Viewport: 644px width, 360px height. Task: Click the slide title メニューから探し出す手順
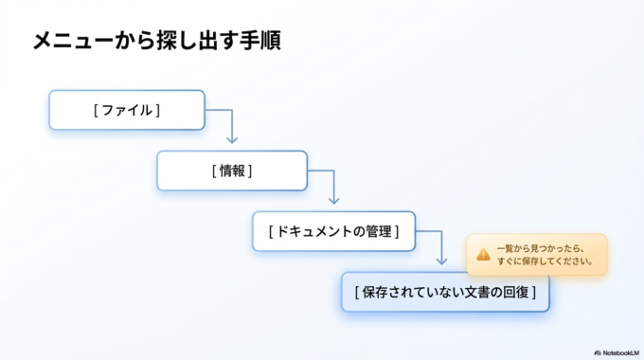coord(156,42)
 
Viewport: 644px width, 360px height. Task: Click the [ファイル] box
coord(126,110)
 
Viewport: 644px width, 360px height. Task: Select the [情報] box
coord(232,171)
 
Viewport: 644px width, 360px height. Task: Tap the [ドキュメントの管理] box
coord(333,231)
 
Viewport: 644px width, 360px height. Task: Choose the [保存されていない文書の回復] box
coord(445,292)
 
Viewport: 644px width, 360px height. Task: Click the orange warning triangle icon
coord(483,254)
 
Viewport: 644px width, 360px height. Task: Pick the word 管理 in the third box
coord(377,231)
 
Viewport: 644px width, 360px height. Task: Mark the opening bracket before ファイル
coord(97,110)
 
